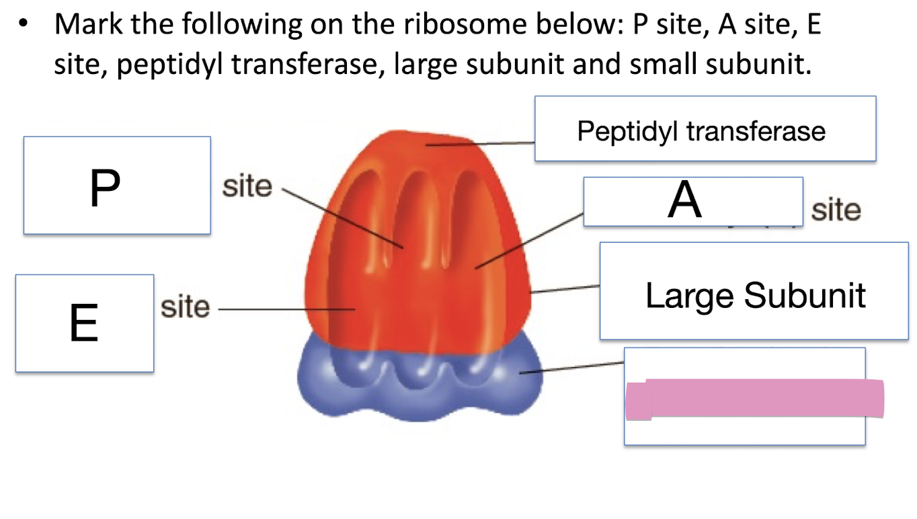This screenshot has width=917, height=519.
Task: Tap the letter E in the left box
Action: [x=84, y=323]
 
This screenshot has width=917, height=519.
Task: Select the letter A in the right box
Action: [x=684, y=200]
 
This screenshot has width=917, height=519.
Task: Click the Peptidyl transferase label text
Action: [x=701, y=130]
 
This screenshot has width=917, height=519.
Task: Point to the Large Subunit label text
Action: [x=755, y=294]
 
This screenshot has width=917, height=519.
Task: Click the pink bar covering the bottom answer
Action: [x=754, y=399]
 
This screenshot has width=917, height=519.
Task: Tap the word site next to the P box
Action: [x=247, y=186]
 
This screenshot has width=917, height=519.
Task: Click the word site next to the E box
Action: [x=186, y=307]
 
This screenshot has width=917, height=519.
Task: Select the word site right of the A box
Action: [x=836, y=210]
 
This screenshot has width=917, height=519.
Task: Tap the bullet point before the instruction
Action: [x=25, y=25]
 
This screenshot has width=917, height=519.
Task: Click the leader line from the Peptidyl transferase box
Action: [x=481, y=143]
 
